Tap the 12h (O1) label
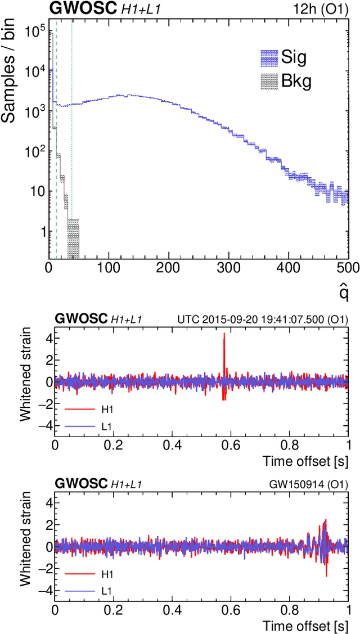click(325, 9)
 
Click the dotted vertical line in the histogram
click(72, 141)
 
